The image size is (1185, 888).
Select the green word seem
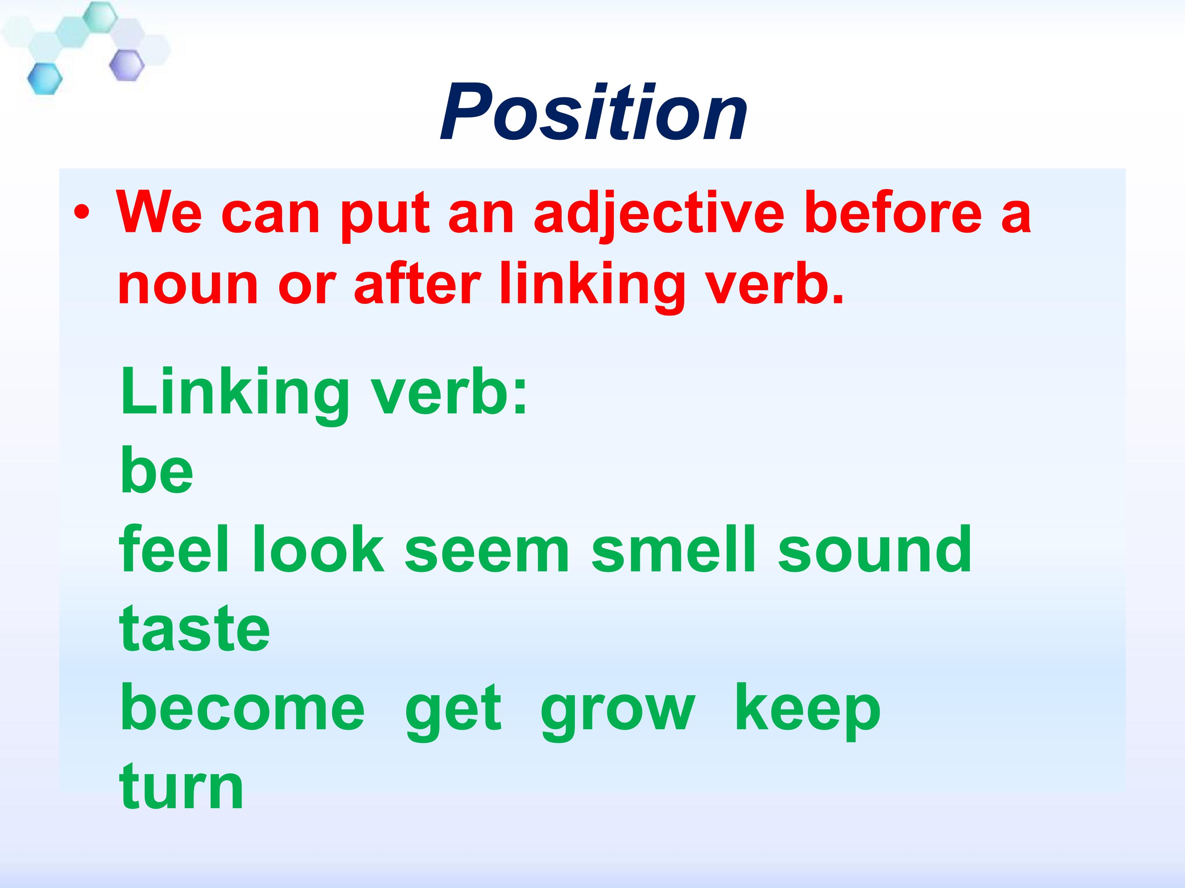click(486, 554)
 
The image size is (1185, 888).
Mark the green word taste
click(195, 629)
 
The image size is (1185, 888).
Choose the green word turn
click(181, 787)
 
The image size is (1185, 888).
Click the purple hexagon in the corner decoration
click(127, 65)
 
